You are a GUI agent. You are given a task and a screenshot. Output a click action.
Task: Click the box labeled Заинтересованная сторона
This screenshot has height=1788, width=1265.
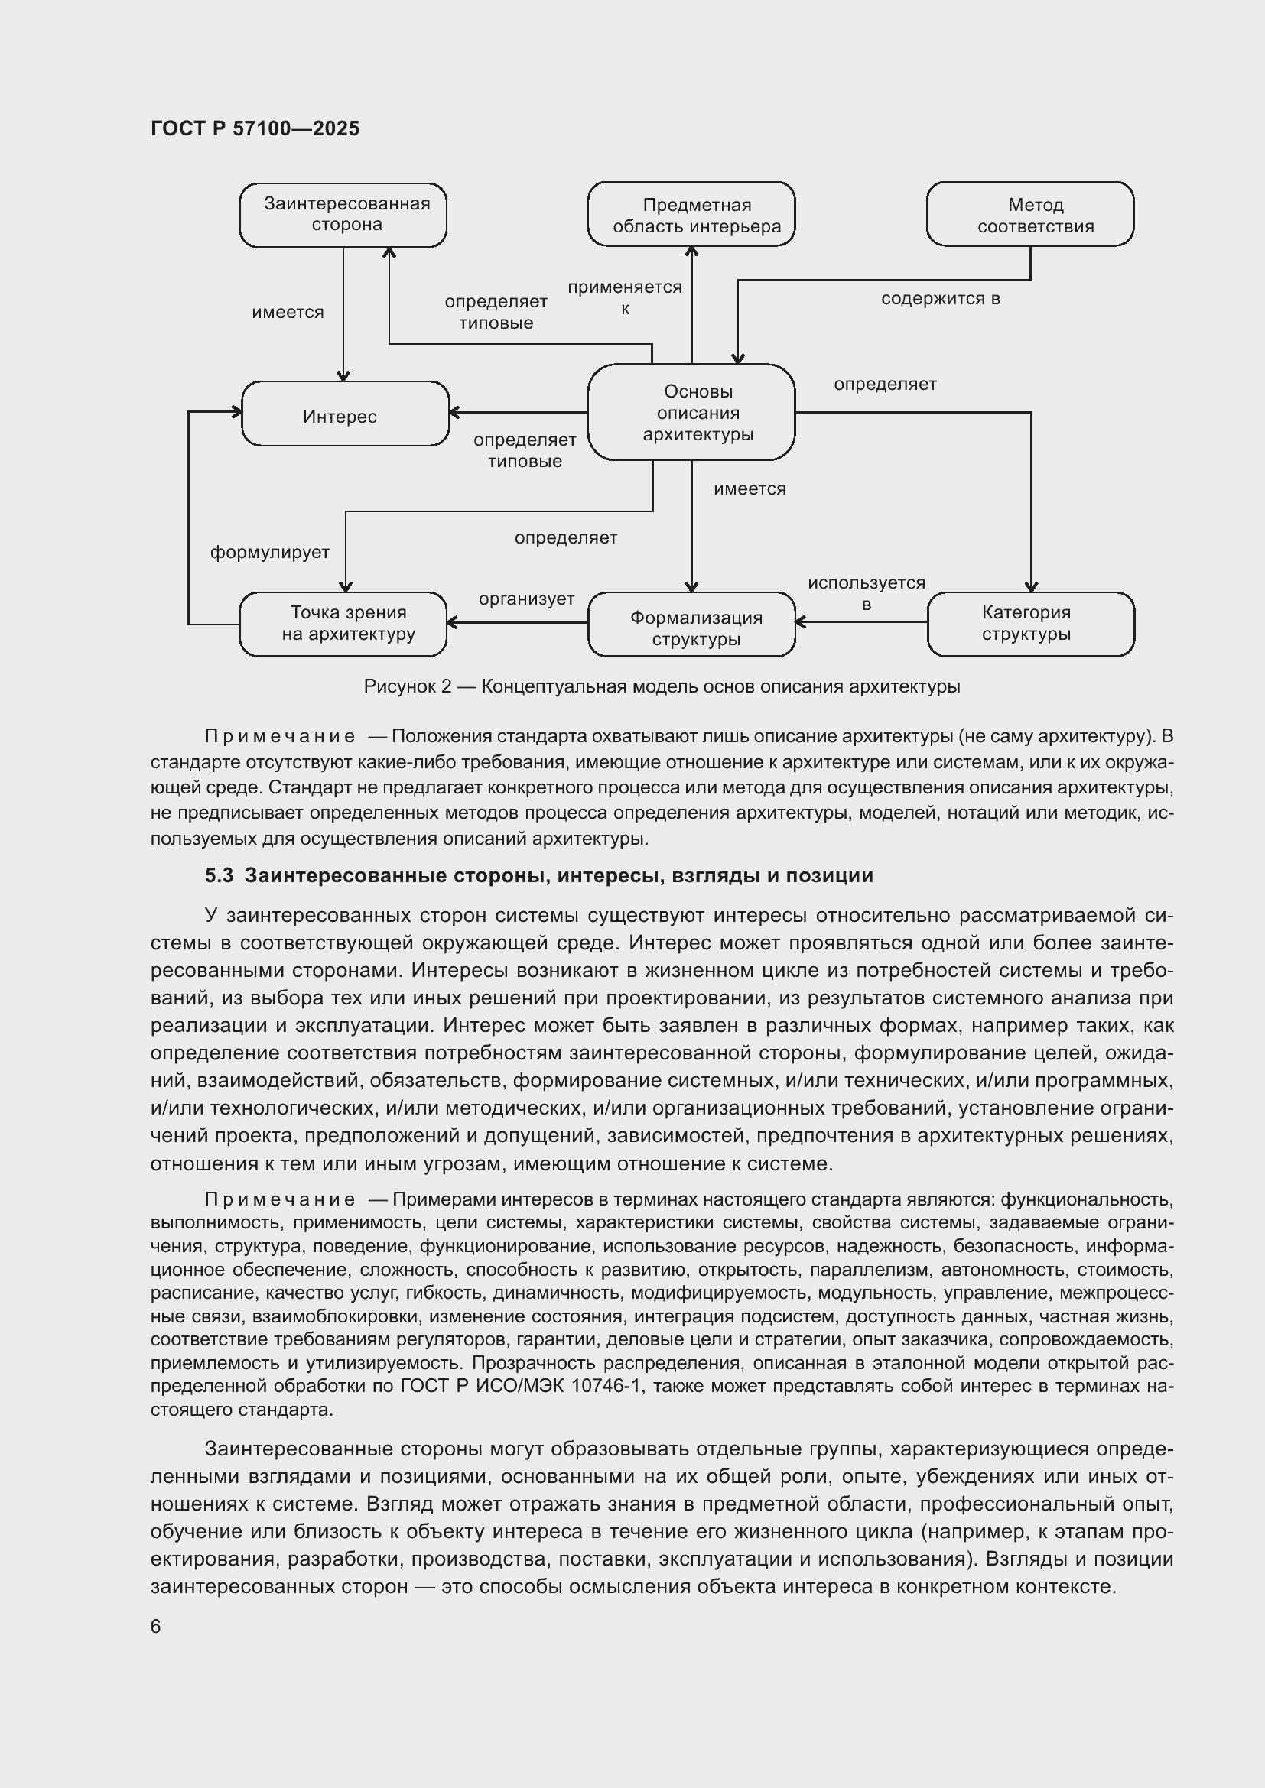(343, 215)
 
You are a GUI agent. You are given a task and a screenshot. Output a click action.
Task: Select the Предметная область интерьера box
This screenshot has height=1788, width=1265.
(691, 215)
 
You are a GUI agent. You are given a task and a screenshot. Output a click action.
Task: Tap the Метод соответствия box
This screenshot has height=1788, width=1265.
(1029, 215)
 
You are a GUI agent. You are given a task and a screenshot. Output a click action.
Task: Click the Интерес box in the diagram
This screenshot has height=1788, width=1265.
(345, 414)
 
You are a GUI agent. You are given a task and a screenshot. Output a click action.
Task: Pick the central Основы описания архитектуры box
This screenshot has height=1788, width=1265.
(691, 412)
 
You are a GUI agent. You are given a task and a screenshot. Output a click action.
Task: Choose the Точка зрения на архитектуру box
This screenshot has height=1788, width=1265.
(343, 624)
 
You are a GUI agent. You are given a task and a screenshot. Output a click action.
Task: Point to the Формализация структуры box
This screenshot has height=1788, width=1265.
(691, 625)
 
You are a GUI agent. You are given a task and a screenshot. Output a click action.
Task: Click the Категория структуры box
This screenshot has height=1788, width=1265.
(1030, 624)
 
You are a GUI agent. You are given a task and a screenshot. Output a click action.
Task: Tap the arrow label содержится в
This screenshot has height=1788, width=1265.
(940, 299)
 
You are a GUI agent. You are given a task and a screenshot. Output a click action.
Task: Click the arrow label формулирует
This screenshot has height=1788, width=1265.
(269, 553)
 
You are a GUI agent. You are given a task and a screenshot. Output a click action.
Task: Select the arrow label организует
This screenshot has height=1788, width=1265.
(526, 599)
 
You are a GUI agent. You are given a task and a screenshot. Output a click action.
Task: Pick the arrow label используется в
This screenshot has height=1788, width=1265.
(867, 593)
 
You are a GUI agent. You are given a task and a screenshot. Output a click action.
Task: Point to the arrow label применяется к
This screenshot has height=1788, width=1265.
(625, 297)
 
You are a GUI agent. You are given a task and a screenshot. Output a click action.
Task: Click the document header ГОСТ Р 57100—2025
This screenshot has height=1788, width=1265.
(255, 128)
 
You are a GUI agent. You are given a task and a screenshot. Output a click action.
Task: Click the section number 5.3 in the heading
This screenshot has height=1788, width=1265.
(219, 876)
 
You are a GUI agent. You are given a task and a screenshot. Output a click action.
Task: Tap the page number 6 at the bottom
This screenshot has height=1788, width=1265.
(156, 1627)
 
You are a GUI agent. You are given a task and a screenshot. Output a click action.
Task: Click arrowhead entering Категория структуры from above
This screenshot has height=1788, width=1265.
(1030, 586)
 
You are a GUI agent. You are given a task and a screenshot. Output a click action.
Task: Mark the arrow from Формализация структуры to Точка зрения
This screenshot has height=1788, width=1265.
(517, 622)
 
